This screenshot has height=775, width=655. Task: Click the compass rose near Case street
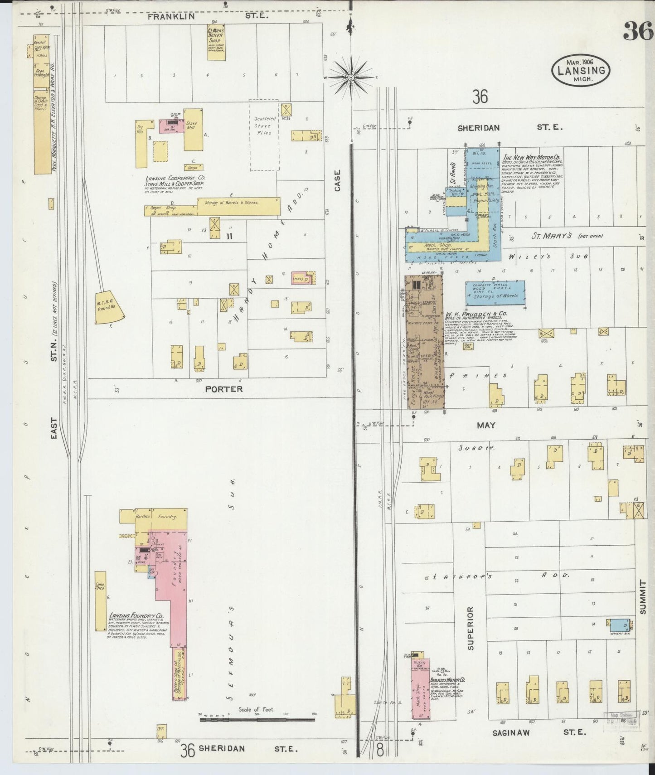[x=350, y=78]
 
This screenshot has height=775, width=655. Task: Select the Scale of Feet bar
[x=257, y=730]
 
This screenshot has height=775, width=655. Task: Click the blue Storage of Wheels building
[x=495, y=293]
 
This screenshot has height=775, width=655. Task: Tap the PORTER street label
[x=223, y=389]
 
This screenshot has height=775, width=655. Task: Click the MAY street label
[x=485, y=425]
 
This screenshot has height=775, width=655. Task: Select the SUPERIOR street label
[x=470, y=628]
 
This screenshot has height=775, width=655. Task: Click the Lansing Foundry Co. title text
[x=136, y=617]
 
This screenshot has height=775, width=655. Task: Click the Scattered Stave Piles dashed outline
[x=264, y=135]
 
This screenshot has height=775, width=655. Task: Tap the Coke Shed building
[x=100, y=601]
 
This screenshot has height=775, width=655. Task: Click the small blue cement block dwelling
[x=619, y=625]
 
